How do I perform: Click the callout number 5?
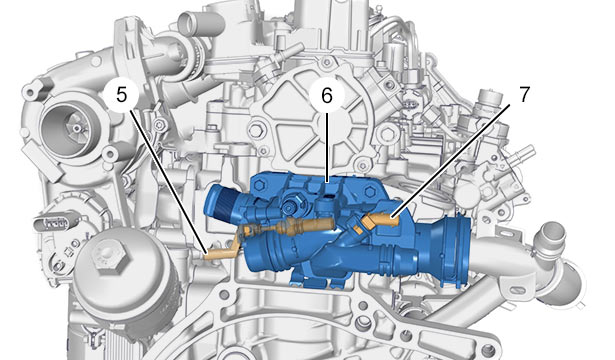[x=122, y=95]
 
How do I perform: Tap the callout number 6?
[x=326, y=95]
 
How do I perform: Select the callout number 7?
[x=524, y=94]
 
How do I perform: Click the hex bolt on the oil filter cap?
[x=109, y=256]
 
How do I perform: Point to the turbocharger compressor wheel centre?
[x=76, y=128]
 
